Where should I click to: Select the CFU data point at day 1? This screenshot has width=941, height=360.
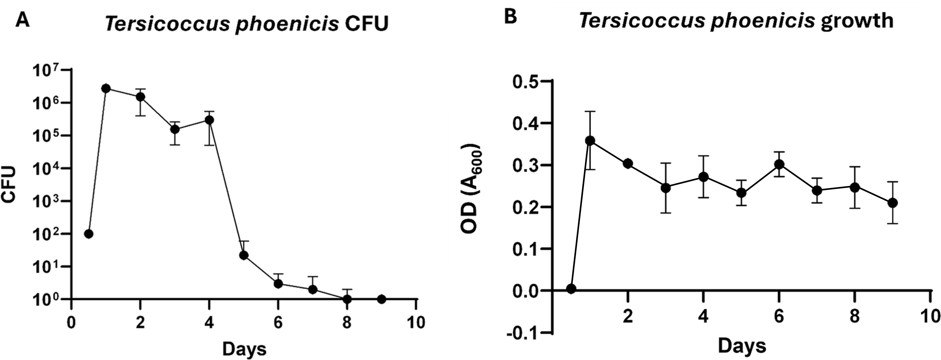tap(106, 88)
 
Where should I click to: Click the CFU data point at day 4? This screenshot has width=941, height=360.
tap(209, 120)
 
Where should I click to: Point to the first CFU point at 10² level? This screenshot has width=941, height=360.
tap(88, 234)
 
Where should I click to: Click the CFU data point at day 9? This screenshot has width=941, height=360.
tap(382, 299)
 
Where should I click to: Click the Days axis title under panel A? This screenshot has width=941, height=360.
tap(244, 349)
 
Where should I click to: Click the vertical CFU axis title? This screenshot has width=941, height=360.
tap(9, 184)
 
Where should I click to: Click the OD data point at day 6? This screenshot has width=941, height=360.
tap(779, 164)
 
